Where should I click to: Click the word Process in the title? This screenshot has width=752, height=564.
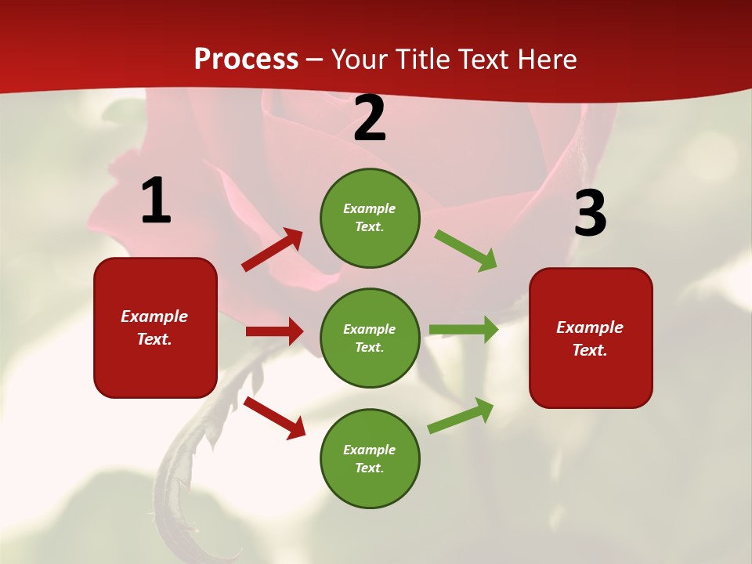[x=246, y=60]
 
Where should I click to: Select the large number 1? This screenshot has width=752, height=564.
[x=156, y=201]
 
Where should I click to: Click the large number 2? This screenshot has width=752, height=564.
[x=370, y=118]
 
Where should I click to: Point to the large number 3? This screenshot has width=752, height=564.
[x=590, y=213]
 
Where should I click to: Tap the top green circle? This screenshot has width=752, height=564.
[x=370, y=217]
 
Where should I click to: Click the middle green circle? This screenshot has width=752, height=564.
[x=370, y=338]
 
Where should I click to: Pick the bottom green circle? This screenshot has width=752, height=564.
[x=370, y=458]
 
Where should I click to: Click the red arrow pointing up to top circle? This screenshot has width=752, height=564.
[x=272, y=250]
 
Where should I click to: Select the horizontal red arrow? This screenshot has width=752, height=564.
[x=274, y=331]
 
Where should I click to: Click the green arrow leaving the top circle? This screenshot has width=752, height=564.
[x=465, y=251]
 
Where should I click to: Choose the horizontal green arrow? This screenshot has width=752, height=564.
[x=463, y=330]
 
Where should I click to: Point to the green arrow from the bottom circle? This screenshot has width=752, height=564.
[x=461, y=416]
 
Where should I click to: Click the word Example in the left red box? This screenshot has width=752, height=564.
[x=154, y=316]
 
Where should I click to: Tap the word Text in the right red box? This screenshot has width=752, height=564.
[x=589, y=350]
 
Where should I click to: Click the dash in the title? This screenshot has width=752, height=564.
[x=314, y=60]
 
